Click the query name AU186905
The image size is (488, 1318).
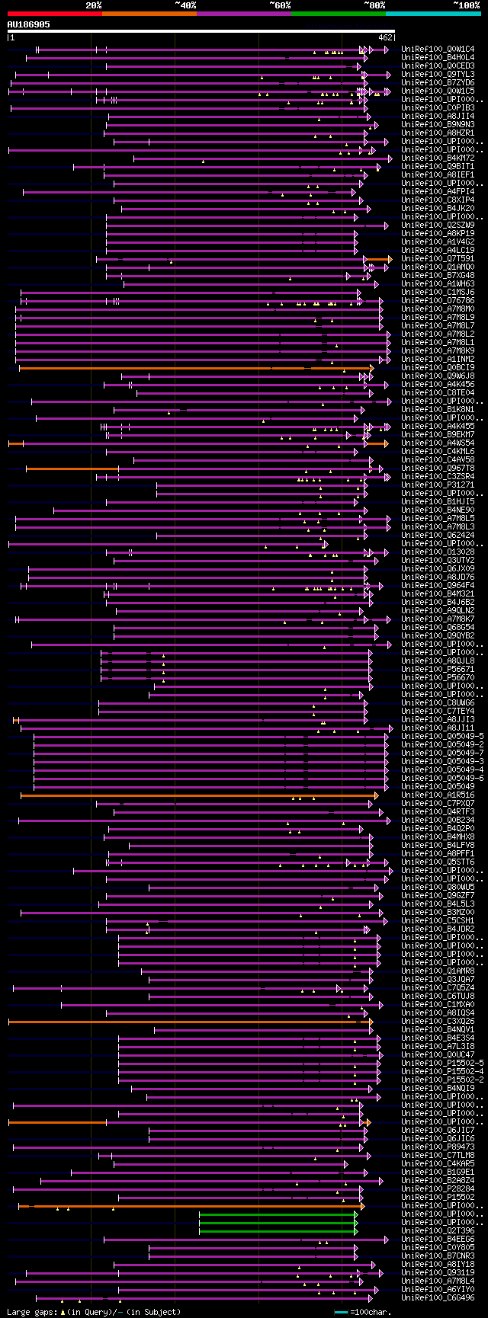click(x=29, y=24)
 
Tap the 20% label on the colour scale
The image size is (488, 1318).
click(x=94, y=5)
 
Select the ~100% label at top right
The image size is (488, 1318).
click(x=466, y=5)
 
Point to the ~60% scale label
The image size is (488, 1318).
click(x=280, y=5)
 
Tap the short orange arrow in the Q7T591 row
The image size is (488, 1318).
click(x=377, y=260)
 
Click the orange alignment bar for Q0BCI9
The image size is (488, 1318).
click(x=191, y=368)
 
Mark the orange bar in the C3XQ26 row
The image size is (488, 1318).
click(x=183, y=1022)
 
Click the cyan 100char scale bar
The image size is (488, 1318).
click(x=341, y=1312)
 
